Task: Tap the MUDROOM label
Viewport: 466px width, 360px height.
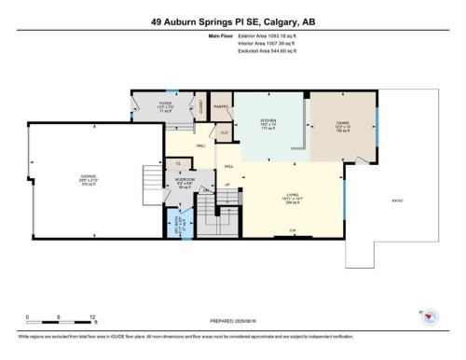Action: click(185, 180)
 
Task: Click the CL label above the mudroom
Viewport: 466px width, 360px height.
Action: click(179, 163)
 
